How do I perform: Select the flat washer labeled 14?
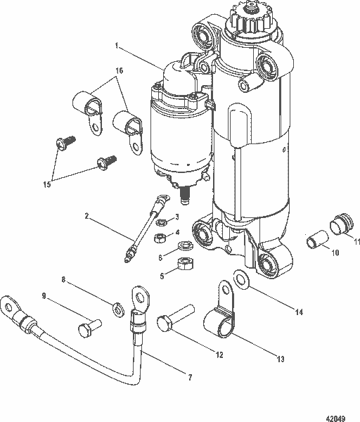[x=241, y=279]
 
